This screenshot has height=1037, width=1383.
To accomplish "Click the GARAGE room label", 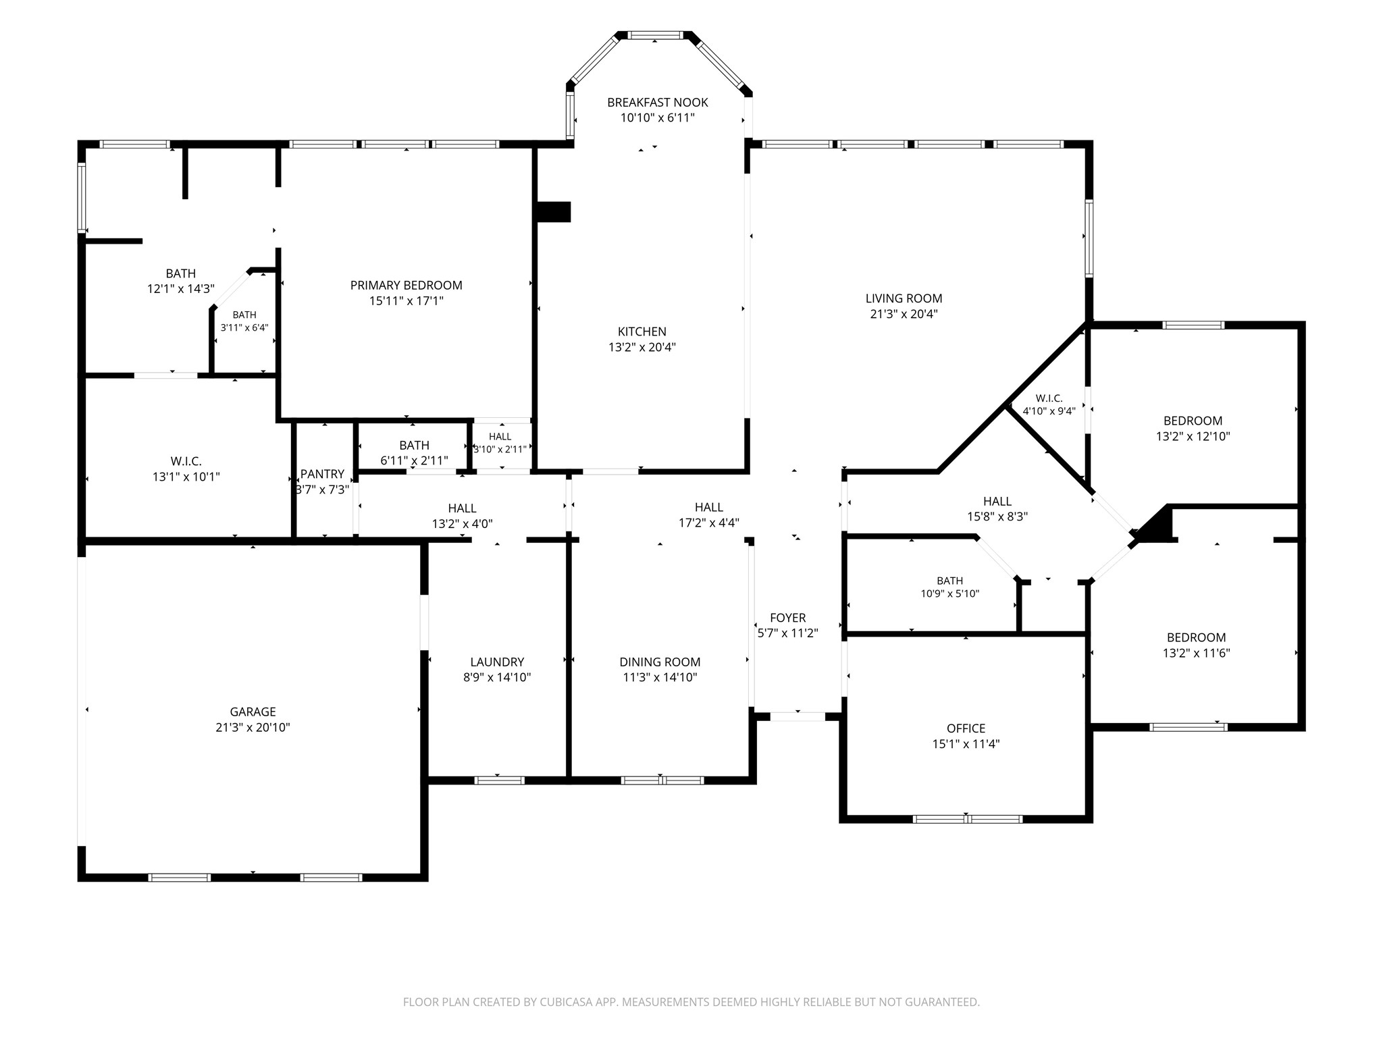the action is [x=253, y=712].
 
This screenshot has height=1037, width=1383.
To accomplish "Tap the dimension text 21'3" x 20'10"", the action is [x=253, y=727].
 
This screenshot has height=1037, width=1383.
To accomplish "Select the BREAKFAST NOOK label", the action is [x=658, y=103].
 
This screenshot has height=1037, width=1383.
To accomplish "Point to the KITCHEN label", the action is [x=642, y=331].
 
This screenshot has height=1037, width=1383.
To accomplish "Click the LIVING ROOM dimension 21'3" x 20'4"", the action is [x=904, y=314].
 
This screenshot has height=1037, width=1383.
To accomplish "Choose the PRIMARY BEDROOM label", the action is [x=407, y=286].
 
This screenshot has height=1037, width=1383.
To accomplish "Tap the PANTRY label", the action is [x=323, y=474].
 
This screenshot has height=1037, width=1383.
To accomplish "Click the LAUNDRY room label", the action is [x=497, y=662].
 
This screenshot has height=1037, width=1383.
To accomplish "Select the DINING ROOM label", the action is [x=660, y=662].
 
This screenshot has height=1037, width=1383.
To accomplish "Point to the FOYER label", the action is [x=788, y=618].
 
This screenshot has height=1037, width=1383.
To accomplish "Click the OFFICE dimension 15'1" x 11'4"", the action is [x=966, y=744].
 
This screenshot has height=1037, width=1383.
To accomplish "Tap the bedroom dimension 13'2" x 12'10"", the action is [x=1193, y=436].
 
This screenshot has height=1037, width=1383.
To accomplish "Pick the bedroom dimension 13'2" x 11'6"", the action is [x=1197, y=653].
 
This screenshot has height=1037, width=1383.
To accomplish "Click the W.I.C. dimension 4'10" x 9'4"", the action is [x=1049, y=410].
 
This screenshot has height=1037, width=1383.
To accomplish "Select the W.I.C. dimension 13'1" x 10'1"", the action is [x=186, y=477].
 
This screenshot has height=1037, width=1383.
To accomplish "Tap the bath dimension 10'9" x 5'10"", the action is [x=950, y=594].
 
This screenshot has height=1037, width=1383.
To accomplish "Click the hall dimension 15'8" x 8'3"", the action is [x=997, y=517].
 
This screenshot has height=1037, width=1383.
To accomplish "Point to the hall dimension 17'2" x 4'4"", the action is [x=709, y=523].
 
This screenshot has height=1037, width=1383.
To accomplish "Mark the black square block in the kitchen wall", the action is [x=553, y=212].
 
